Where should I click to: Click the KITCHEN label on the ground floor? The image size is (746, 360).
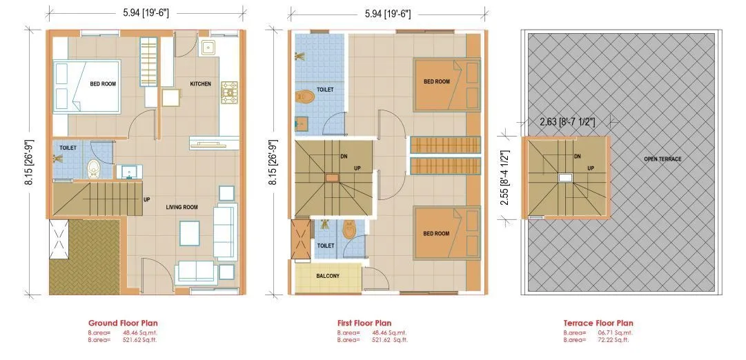[x=201, y=84]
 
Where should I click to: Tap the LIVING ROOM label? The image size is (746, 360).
[x=181, y=206]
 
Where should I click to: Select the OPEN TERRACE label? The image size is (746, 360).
[x=662, y=159]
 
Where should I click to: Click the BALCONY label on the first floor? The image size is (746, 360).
[x=328, y=276]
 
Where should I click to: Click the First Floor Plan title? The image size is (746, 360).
[x=364, y=323]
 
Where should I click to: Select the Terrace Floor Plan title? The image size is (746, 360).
[x=598, y=323]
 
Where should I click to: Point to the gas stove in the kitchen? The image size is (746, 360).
[x=229, y=91]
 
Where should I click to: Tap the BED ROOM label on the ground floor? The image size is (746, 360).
[x=103, y=84]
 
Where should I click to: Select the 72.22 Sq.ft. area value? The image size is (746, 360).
[x=611, y=340]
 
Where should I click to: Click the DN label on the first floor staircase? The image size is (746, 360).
[x=343, y=157]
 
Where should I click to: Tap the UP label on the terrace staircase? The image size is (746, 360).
[x=591, y=168]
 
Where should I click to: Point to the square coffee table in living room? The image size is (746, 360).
[x=190, y=232]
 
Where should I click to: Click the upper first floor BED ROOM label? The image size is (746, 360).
[x=436, y=81]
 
